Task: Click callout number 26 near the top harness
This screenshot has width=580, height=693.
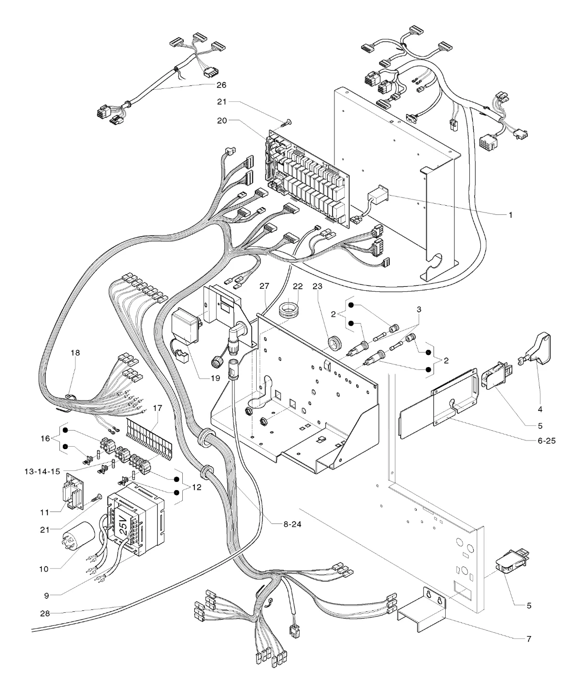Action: pyautogui.click(x=221, y=85)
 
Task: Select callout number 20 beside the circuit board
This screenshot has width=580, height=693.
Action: pyautogui.click(x=222, y=120)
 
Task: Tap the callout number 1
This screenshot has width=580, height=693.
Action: pyautogui.click(x=510, y=215)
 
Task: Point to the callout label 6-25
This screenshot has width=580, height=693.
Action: pyautogui.click(x=546, y=441)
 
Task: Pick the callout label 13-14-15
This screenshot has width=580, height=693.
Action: pyautogui.click(x=42, y=471)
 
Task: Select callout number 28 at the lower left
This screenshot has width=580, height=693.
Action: pyautogui.click(x=45, y=614)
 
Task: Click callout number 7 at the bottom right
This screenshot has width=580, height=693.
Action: pyautogui.click(x=529, y=638)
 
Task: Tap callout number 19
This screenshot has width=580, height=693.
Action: pyautogui.click(x=216, y=378)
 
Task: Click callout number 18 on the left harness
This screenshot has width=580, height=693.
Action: pyautogui.click(x=75, y=353)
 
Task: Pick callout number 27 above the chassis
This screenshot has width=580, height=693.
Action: pyautogui.click(x=264, y=286)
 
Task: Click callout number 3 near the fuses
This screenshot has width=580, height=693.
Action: pyautogui.click(x=419, y=310)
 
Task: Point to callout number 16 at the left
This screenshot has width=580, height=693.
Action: pyautogui.click(x=45, y=438)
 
